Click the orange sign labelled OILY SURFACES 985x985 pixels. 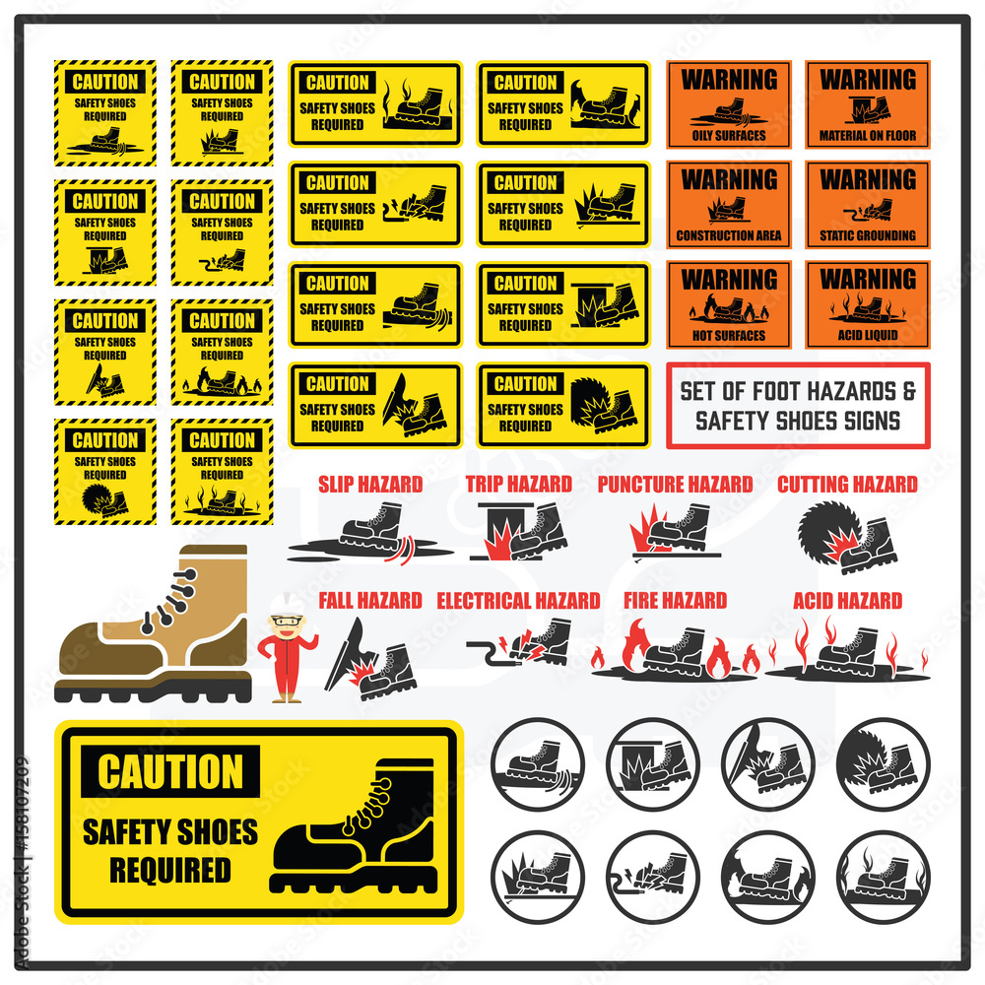tap(729, 104)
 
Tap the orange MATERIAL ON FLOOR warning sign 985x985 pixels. tap(868, 104)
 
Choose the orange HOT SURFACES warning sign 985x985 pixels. tap(729, 304)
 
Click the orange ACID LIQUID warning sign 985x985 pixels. tap(868, 304)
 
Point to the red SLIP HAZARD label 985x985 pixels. tap(370, 484)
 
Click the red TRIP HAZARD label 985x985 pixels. tap(518, 484)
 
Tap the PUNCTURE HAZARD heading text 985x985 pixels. tap(675, 484)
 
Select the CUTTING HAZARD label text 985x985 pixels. tap(847, 484)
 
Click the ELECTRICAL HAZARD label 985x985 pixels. tap(518, 600)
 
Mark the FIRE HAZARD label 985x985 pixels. tap(675, 600)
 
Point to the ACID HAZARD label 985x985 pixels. tap(847, 600)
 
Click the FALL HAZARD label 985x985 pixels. tap(370, 600)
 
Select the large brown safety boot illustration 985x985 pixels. tap(153, 625)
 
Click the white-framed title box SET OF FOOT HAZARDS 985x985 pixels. tap(798, 406)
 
